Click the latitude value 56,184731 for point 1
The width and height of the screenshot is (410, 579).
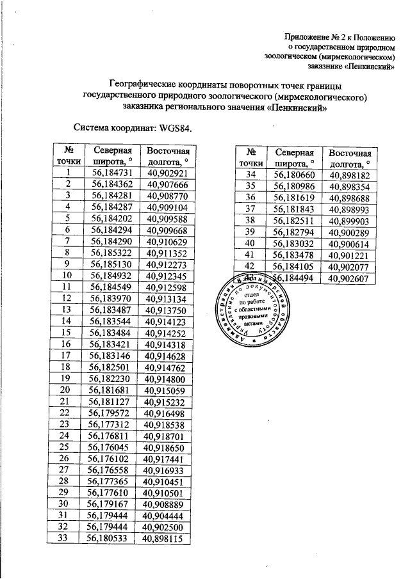tap(112, 173)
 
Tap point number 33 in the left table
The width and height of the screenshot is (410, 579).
tap(63, 539)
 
